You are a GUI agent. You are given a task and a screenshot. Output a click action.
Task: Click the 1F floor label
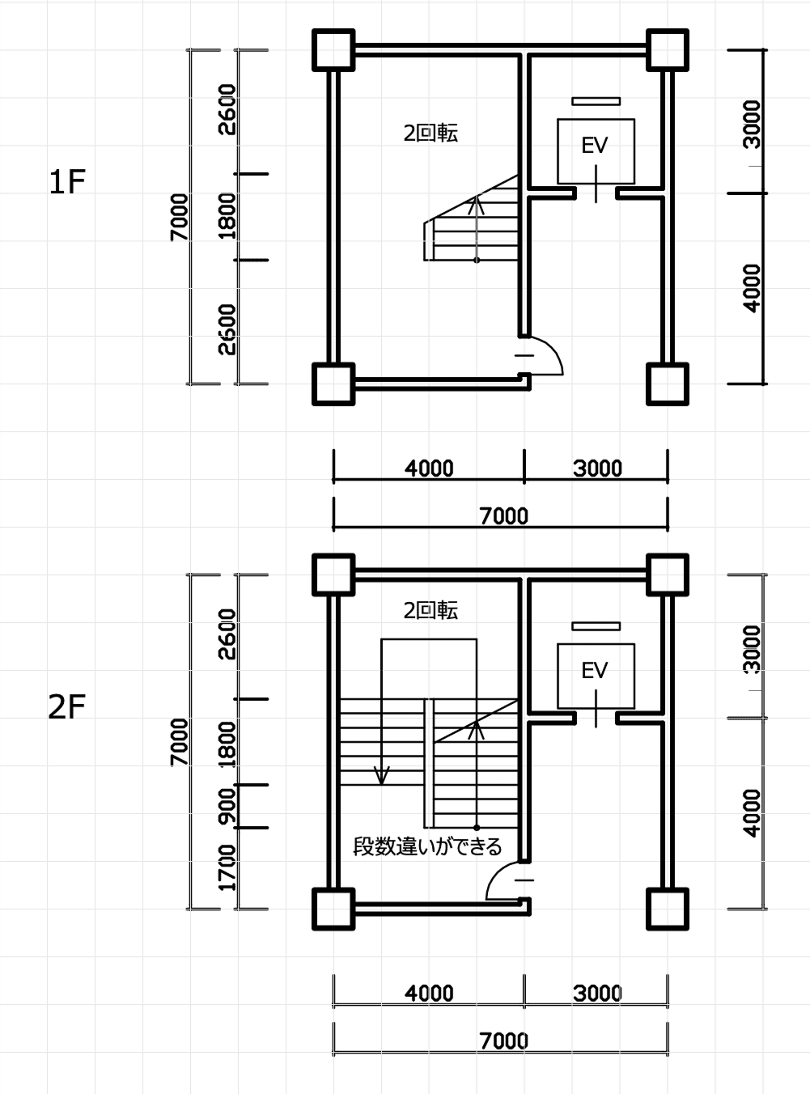(x=67, y=183)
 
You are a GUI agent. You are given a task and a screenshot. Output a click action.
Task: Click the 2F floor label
(x=67, y=707)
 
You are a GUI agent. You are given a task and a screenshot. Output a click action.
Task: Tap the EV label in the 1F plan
(x=595, y=146)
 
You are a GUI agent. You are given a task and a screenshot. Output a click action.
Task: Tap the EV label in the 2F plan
(x=595, y=670)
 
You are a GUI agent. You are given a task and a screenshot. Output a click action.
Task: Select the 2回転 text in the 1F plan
(x=430, y=134)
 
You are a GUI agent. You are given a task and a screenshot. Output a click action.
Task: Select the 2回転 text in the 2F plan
(x=430, y=611)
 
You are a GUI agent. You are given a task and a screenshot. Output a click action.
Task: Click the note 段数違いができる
(x=427, y=847)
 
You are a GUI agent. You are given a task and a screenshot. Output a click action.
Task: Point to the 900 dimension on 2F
(x=227, y=806)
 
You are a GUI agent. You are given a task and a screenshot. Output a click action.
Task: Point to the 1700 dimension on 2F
(x=227, y=867)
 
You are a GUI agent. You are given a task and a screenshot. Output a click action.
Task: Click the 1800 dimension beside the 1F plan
(x=227, y=216)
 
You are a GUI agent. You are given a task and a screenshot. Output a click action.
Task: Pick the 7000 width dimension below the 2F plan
(x=503, y=1041)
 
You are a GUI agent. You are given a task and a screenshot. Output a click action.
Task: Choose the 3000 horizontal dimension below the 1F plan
(x=597, y=469)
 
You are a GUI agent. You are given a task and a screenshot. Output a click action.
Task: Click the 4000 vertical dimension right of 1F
(x=752, y=288)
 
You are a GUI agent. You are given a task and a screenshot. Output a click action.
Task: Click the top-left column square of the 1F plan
(x=333, y=50)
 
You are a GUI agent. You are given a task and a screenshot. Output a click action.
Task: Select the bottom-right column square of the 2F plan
(x=668, y=909)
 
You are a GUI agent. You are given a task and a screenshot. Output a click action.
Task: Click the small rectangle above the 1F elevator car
(x=596, y=101)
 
